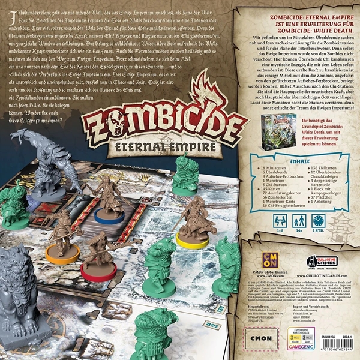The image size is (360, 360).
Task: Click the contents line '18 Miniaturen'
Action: [273, 171]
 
